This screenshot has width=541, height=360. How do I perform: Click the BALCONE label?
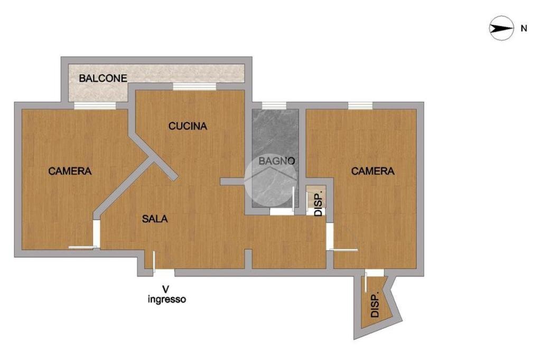pos(103,79)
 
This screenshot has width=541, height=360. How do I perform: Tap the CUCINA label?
pos(188,126)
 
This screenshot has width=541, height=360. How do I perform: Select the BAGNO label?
pos(276,160)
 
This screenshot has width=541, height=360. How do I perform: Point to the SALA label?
pos(155,219)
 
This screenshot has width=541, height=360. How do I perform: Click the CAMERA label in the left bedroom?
pos(70,171)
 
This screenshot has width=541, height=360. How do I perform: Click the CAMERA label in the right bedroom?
pos(373,171)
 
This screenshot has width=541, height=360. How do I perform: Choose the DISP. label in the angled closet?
pos(375,305)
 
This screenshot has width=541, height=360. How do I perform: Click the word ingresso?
pos(166,299)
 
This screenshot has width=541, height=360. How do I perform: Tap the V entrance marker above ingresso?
pos(166,289)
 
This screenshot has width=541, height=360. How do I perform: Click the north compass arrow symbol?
pos(501,29)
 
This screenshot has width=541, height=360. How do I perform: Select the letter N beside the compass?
pos(524,29)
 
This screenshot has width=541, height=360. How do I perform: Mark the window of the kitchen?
pos(194,87)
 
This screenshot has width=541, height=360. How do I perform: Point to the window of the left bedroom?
pos(95,106)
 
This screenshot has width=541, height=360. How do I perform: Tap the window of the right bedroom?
pos(360,106)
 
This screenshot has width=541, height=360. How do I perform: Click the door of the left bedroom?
pos(96,234)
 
